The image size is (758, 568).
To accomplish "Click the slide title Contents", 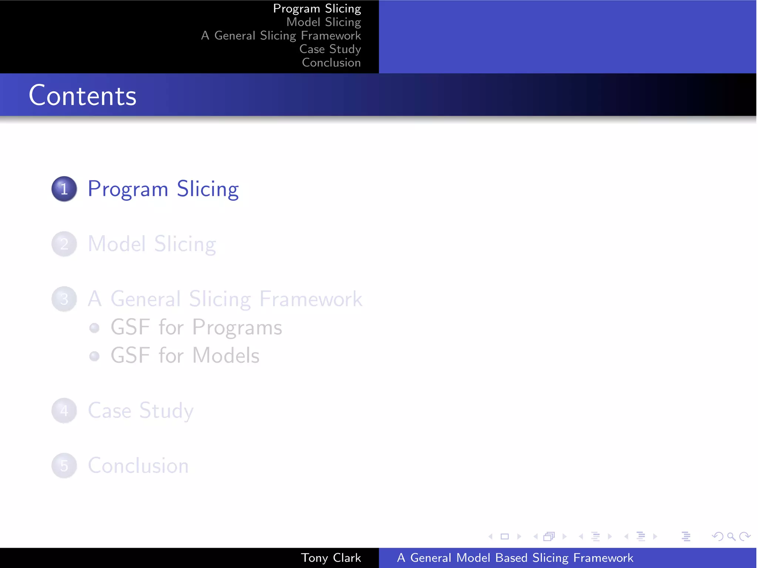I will pyautogui.click(x=83, y=95).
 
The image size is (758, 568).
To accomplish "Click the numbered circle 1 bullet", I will pyautogui.click(x=64, y=189).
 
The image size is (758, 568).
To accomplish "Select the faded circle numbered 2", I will pyautogui.click(x=64, y=244).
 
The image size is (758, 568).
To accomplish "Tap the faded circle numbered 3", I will pyautogui.click(x=64, y=299).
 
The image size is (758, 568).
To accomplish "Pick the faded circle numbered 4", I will pyautogui.click(x=64, y=410).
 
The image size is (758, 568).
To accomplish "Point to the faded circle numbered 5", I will pyautogui.click(x=64, y=466).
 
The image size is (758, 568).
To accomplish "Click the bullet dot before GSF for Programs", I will pyautogui.click(x=94, y=328).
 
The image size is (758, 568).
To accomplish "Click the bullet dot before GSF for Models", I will pyautogui.click(x=94, y=356).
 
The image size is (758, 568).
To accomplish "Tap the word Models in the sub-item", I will pyautogui.click(x=226, y=356).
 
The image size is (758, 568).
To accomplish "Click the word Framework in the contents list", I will pyautogui.click(x=311, y=299).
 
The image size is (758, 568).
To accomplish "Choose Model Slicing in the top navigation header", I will pyautogui.click(x=323, y=22).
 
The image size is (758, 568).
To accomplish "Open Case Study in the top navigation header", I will pyautogui.click(x=330, y=49).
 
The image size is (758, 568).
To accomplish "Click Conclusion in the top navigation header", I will pyautogui.click(x=331, y=62).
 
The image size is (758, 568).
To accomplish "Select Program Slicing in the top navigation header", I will pyautogui.click(x=317, y=9).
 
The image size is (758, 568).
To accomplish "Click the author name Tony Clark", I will pyautogui.click(x=331, y=558).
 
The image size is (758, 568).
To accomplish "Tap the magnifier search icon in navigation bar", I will pyautogui.click(x=731, y=536).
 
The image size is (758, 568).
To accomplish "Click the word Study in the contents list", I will pyautogui.click(x=166, y=410).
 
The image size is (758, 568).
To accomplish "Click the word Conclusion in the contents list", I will pyautogui.click(x=138, y=466).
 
